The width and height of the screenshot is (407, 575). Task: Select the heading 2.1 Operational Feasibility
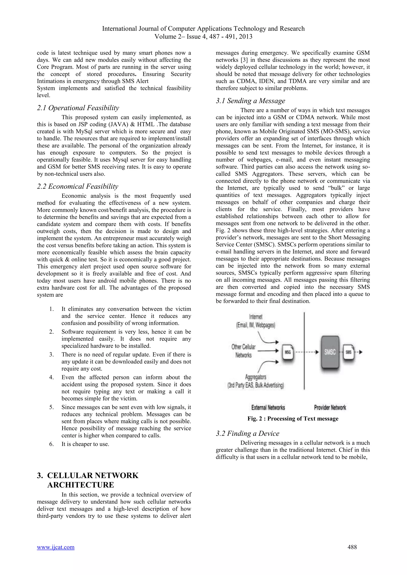click(x=78, y=108)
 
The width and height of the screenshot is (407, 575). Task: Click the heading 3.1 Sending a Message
click(x=250, y=101)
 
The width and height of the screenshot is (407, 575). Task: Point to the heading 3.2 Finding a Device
click(x=247, y=433)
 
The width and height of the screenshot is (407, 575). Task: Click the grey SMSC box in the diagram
click(x=330, y=352)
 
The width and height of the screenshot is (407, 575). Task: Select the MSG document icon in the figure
click(x=288, y=352)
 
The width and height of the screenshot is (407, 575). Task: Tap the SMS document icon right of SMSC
click(x=349, y=352)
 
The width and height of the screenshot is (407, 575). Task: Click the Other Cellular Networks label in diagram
click(x=243, y=351)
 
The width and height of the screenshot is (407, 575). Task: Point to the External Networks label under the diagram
click(x=268, y=407)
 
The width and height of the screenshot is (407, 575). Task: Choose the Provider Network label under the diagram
click(x=330, y=407)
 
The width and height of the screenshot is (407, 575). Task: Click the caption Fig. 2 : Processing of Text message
click(x=293, y=419)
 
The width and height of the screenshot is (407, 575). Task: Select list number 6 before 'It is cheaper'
click(x=51, y=444)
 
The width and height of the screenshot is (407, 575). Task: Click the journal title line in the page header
click(x=203, y=29)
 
